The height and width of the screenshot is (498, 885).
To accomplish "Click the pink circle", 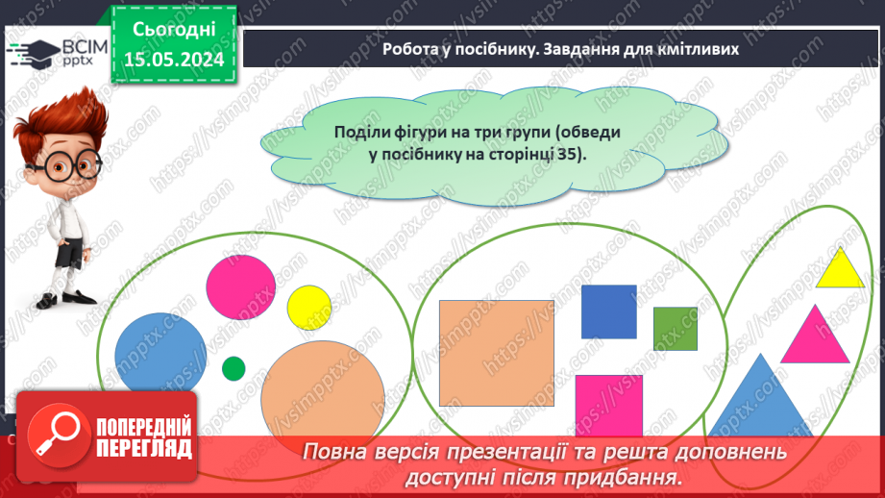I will (240, 286).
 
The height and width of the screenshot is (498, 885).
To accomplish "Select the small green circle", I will (234, 368).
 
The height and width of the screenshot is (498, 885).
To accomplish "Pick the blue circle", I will (160, 356).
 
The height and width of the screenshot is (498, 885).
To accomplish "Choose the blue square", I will (608, 311).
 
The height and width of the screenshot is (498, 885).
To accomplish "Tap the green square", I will (675, 328).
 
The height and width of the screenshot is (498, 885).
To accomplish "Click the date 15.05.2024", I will (173, 60).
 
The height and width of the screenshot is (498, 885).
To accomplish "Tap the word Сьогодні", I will (173, 30).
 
